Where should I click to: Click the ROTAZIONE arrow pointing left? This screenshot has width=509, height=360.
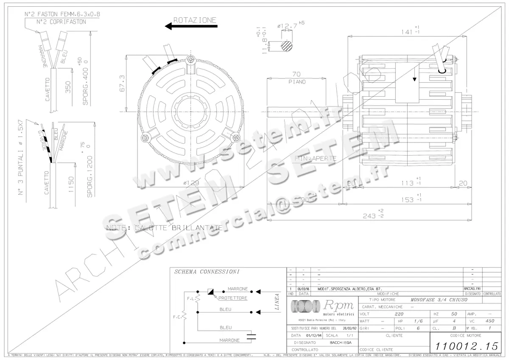click(x=191, y=26)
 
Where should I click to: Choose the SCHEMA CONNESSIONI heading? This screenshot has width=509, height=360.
click(x=207, y=271)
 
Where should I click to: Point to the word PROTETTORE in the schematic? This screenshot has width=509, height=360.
click(x=233, y=298)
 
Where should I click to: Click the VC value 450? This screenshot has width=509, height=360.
click(x=490, y=321)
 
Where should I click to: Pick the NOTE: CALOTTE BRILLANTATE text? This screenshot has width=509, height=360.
click(x=165, y=228)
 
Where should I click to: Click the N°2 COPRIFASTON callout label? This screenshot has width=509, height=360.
click(x=61, y=22)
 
